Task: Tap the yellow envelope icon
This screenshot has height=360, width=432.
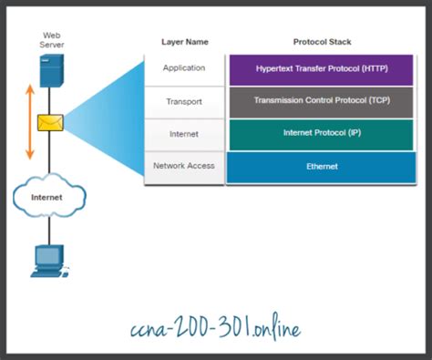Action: coord(48,122)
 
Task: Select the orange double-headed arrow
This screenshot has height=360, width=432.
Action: coord(29,121)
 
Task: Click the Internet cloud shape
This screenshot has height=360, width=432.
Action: coord(50,195)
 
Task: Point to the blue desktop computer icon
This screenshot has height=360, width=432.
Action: coord(47,259)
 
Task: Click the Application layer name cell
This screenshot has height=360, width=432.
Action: coord(184,68)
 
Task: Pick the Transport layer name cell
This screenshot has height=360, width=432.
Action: coord(184,102)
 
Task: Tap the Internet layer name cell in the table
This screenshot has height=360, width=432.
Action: coord(184,134)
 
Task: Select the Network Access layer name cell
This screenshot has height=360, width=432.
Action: coord(184,166)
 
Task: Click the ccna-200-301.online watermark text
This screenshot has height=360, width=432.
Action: coord(216,325)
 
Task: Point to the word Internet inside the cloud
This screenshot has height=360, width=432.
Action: coord(47,196)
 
